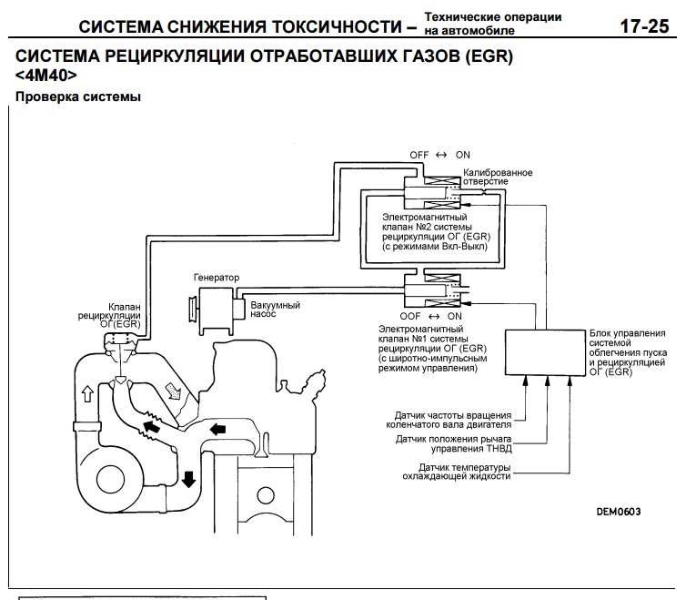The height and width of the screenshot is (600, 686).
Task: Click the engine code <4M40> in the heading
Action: (46, 75)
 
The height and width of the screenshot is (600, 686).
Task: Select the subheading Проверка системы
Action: (77, 97)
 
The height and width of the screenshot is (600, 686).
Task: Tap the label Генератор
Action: (216, 277)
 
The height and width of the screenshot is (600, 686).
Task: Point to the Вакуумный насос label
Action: (276, 312)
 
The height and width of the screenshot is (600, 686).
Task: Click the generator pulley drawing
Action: (194, 307)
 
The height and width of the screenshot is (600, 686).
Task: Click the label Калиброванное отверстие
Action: (498, 177)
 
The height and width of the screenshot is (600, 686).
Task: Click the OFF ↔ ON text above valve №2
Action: (439, 155)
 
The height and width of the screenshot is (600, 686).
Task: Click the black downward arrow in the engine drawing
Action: (189, 478)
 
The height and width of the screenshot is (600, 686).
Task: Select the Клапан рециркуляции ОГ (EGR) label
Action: (124, 315)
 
